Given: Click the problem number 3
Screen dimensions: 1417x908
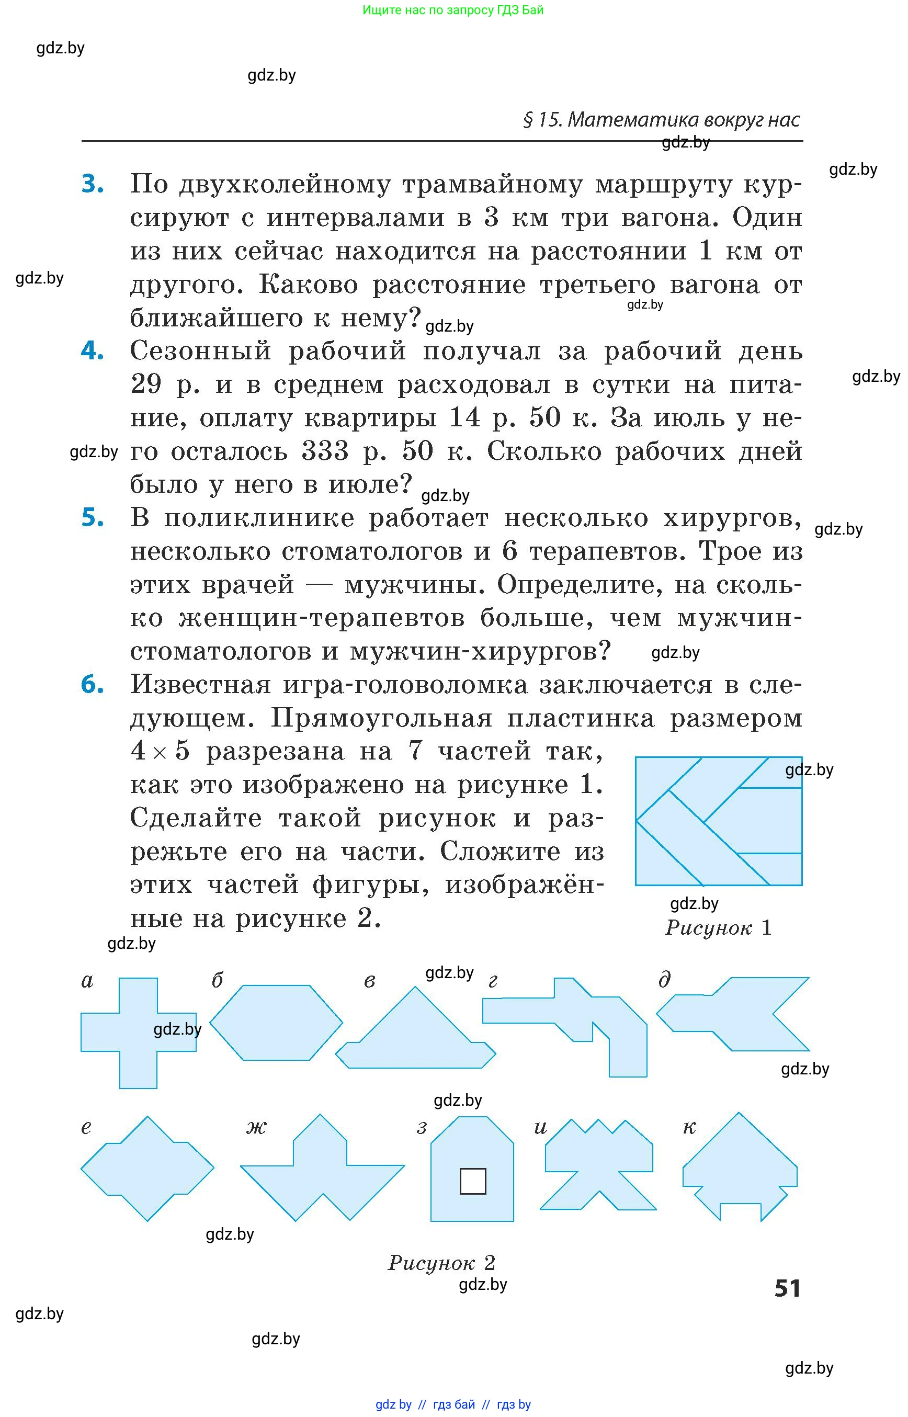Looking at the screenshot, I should coord(93,184).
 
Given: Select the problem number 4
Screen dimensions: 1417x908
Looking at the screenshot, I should coord(93,351).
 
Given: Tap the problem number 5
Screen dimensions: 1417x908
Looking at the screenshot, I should coord(93,518).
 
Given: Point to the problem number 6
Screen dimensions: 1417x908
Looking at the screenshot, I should coord(93,685).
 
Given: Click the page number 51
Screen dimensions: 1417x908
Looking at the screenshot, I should coord(787,1288).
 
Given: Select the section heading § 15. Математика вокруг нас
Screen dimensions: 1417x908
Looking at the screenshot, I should coord(661,120).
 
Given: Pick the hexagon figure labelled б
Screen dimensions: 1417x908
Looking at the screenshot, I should coord(276,1023).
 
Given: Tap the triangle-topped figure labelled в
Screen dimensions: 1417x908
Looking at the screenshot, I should coord(416,1035).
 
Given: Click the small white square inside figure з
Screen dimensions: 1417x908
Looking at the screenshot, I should coord(472,1181).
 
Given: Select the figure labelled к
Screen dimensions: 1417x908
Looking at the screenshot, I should coord(740,1164).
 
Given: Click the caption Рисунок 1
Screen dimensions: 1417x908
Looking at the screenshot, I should coord(718,927).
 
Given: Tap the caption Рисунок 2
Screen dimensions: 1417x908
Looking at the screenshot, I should coord(441,1263).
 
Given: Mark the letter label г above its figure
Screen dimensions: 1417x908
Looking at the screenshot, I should coord(493,981).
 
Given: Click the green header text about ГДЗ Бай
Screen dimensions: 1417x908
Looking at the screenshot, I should coord(453,10).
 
